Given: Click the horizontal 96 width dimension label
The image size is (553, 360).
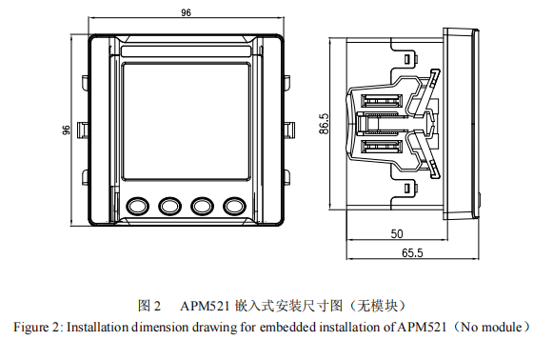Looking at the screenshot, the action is [x=186, y=12].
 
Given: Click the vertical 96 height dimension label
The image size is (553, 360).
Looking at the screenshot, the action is [x=66, y=130].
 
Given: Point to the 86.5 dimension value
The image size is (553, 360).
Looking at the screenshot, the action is [x=325, y=124].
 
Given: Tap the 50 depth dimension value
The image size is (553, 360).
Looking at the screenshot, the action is [x=397, y=233].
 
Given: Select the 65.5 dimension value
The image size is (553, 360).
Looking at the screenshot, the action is [x=412, y=252].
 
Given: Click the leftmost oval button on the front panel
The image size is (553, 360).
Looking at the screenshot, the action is [x=137, y=206].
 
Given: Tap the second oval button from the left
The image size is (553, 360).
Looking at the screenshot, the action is [x=169, y=206].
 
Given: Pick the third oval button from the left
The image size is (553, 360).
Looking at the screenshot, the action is [x=202, y=206].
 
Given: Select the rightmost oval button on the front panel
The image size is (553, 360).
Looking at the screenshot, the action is [x=234, y=206].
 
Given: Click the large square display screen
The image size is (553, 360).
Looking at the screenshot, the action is [x=186, y=122].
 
